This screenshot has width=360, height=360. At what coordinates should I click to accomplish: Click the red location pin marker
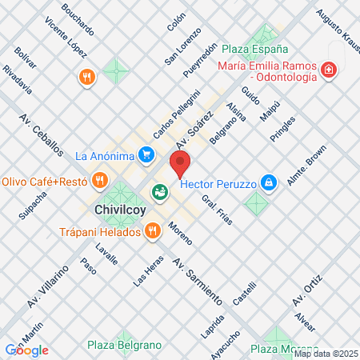point(181,164)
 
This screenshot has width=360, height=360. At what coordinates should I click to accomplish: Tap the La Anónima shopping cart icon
point(146,154)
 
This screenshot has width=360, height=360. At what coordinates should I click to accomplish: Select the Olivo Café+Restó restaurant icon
point(99,181)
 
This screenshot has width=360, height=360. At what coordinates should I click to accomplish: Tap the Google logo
point(27,350)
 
